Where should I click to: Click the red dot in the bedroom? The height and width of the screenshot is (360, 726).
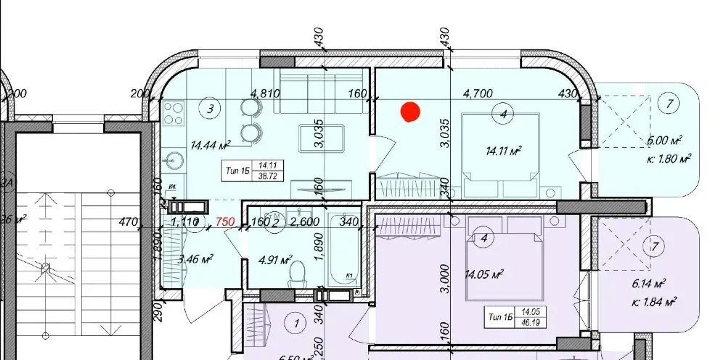410,112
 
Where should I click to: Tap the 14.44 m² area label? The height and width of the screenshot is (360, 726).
210,145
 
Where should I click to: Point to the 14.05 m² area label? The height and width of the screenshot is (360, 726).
486,274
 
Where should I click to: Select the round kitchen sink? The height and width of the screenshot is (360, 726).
173,157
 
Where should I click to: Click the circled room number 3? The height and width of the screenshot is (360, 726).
210,110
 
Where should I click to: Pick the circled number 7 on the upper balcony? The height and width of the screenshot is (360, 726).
667,104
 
